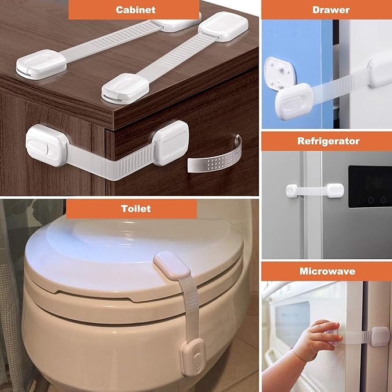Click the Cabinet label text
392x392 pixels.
[135, 10]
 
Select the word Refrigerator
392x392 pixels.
[328, 141]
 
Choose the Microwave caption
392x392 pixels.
[327, 271]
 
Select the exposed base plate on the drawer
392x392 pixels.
[280, 73]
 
